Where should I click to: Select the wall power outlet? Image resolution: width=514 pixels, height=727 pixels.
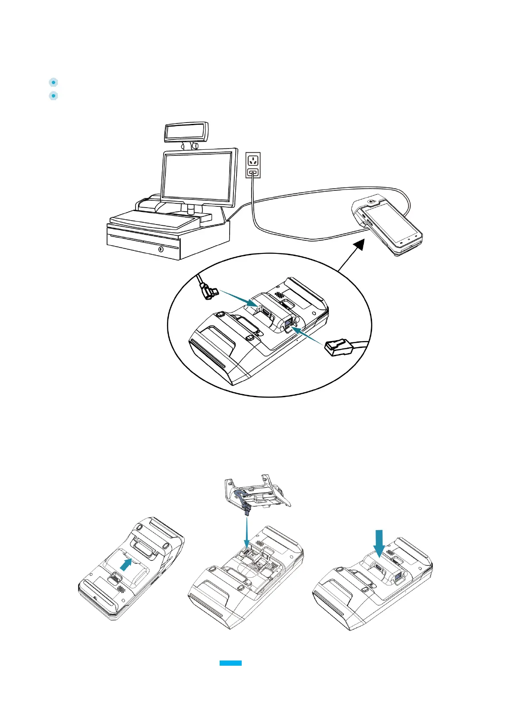(253, 164)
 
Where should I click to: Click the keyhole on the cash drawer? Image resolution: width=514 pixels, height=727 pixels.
(161, 249)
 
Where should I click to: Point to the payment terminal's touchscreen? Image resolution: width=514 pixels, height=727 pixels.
(391, 222)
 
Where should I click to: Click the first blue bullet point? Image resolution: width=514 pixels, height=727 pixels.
(53, 82)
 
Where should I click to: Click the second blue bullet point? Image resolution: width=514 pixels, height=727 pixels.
(53, 96)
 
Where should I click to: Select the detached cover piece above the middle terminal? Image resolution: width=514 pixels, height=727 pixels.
(257, 494)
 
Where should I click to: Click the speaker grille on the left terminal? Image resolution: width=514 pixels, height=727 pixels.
(120, 588)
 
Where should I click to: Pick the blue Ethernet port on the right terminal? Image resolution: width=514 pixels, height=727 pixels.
(398, 576)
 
